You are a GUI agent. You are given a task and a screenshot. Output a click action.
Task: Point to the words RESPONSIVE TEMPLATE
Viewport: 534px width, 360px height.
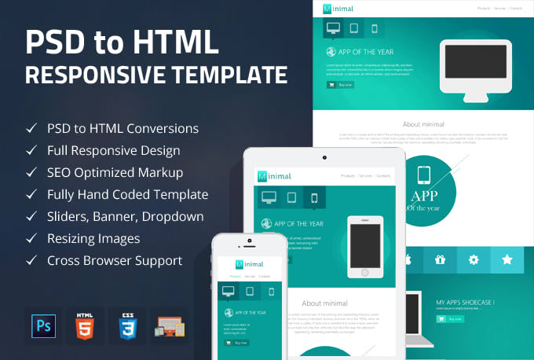pyautogui.click(x=155, y=75)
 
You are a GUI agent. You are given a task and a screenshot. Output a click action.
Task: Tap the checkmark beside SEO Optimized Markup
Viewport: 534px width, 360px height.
pyautogui.click(x=31, y=172)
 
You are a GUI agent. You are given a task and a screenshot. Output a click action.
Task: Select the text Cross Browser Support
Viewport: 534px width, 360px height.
pyautogui.click(x=115, y=260)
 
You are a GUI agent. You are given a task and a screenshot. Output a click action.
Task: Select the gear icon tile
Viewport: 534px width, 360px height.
pyautogui.click(x=473, y=259)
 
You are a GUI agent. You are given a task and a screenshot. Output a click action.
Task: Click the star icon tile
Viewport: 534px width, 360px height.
pyautogui.click(x=507, y=259)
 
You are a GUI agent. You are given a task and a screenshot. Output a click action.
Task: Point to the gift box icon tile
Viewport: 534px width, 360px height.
pyautogui.click(x=440, y=259)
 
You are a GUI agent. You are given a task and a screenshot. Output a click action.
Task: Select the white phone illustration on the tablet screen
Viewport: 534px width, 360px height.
pyautogui.click(x=364, y=245)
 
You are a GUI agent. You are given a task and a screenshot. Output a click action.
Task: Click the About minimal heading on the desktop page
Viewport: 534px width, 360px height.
pyautogui.click(x=423, y=124)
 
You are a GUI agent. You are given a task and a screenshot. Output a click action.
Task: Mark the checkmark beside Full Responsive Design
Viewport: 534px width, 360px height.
pyautogui.click(x=31, y=150)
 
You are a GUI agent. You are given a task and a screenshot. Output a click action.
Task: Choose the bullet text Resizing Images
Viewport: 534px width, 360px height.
pyautogui.click(x=93, y=238)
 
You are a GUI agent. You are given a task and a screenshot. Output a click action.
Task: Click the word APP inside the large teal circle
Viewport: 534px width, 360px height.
pyautogui.click(x=424, y=194)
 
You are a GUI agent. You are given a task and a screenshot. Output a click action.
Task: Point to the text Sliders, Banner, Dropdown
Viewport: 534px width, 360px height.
pyautogui.click(x=125, y=216)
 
